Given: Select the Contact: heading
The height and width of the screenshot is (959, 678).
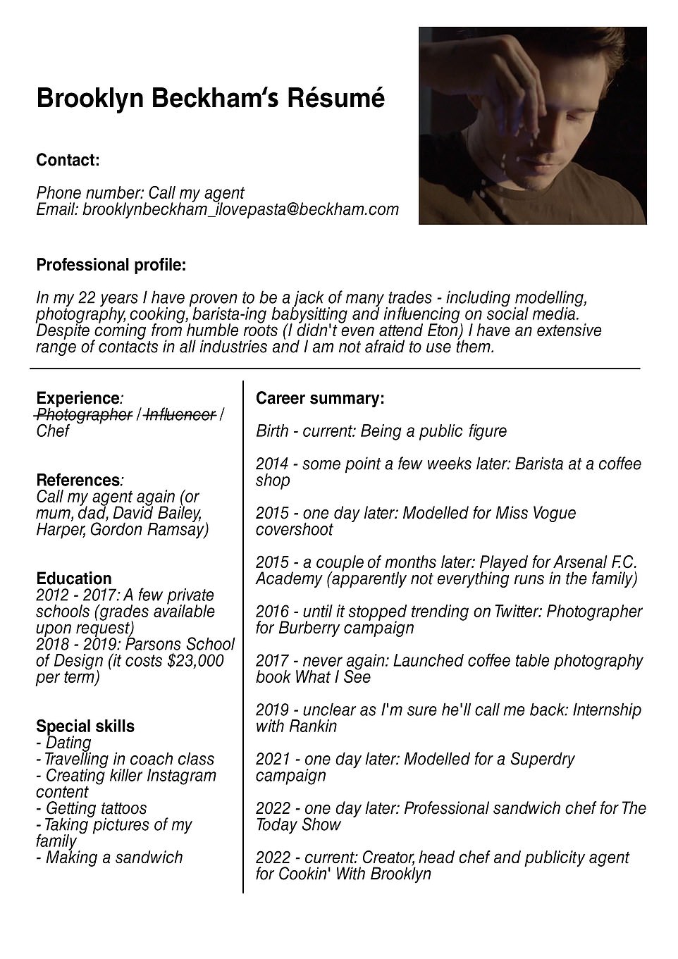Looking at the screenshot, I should click(68, 160).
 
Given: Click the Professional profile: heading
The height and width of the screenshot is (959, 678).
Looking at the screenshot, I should click(111, 265).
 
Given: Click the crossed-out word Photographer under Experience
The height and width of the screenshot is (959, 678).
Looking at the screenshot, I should click(84, 415).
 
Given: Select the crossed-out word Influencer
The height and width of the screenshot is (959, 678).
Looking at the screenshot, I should click(180, 415).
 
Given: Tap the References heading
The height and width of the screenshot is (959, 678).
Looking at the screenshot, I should click(78, 481).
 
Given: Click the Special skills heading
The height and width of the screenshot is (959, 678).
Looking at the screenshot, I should click(85, 726).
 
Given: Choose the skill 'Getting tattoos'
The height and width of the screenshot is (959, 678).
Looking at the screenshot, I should click(96, 808).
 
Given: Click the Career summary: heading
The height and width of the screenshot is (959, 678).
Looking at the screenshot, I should click(320, 399).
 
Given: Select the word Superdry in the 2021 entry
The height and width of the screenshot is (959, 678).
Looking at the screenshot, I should click(544, 759).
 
